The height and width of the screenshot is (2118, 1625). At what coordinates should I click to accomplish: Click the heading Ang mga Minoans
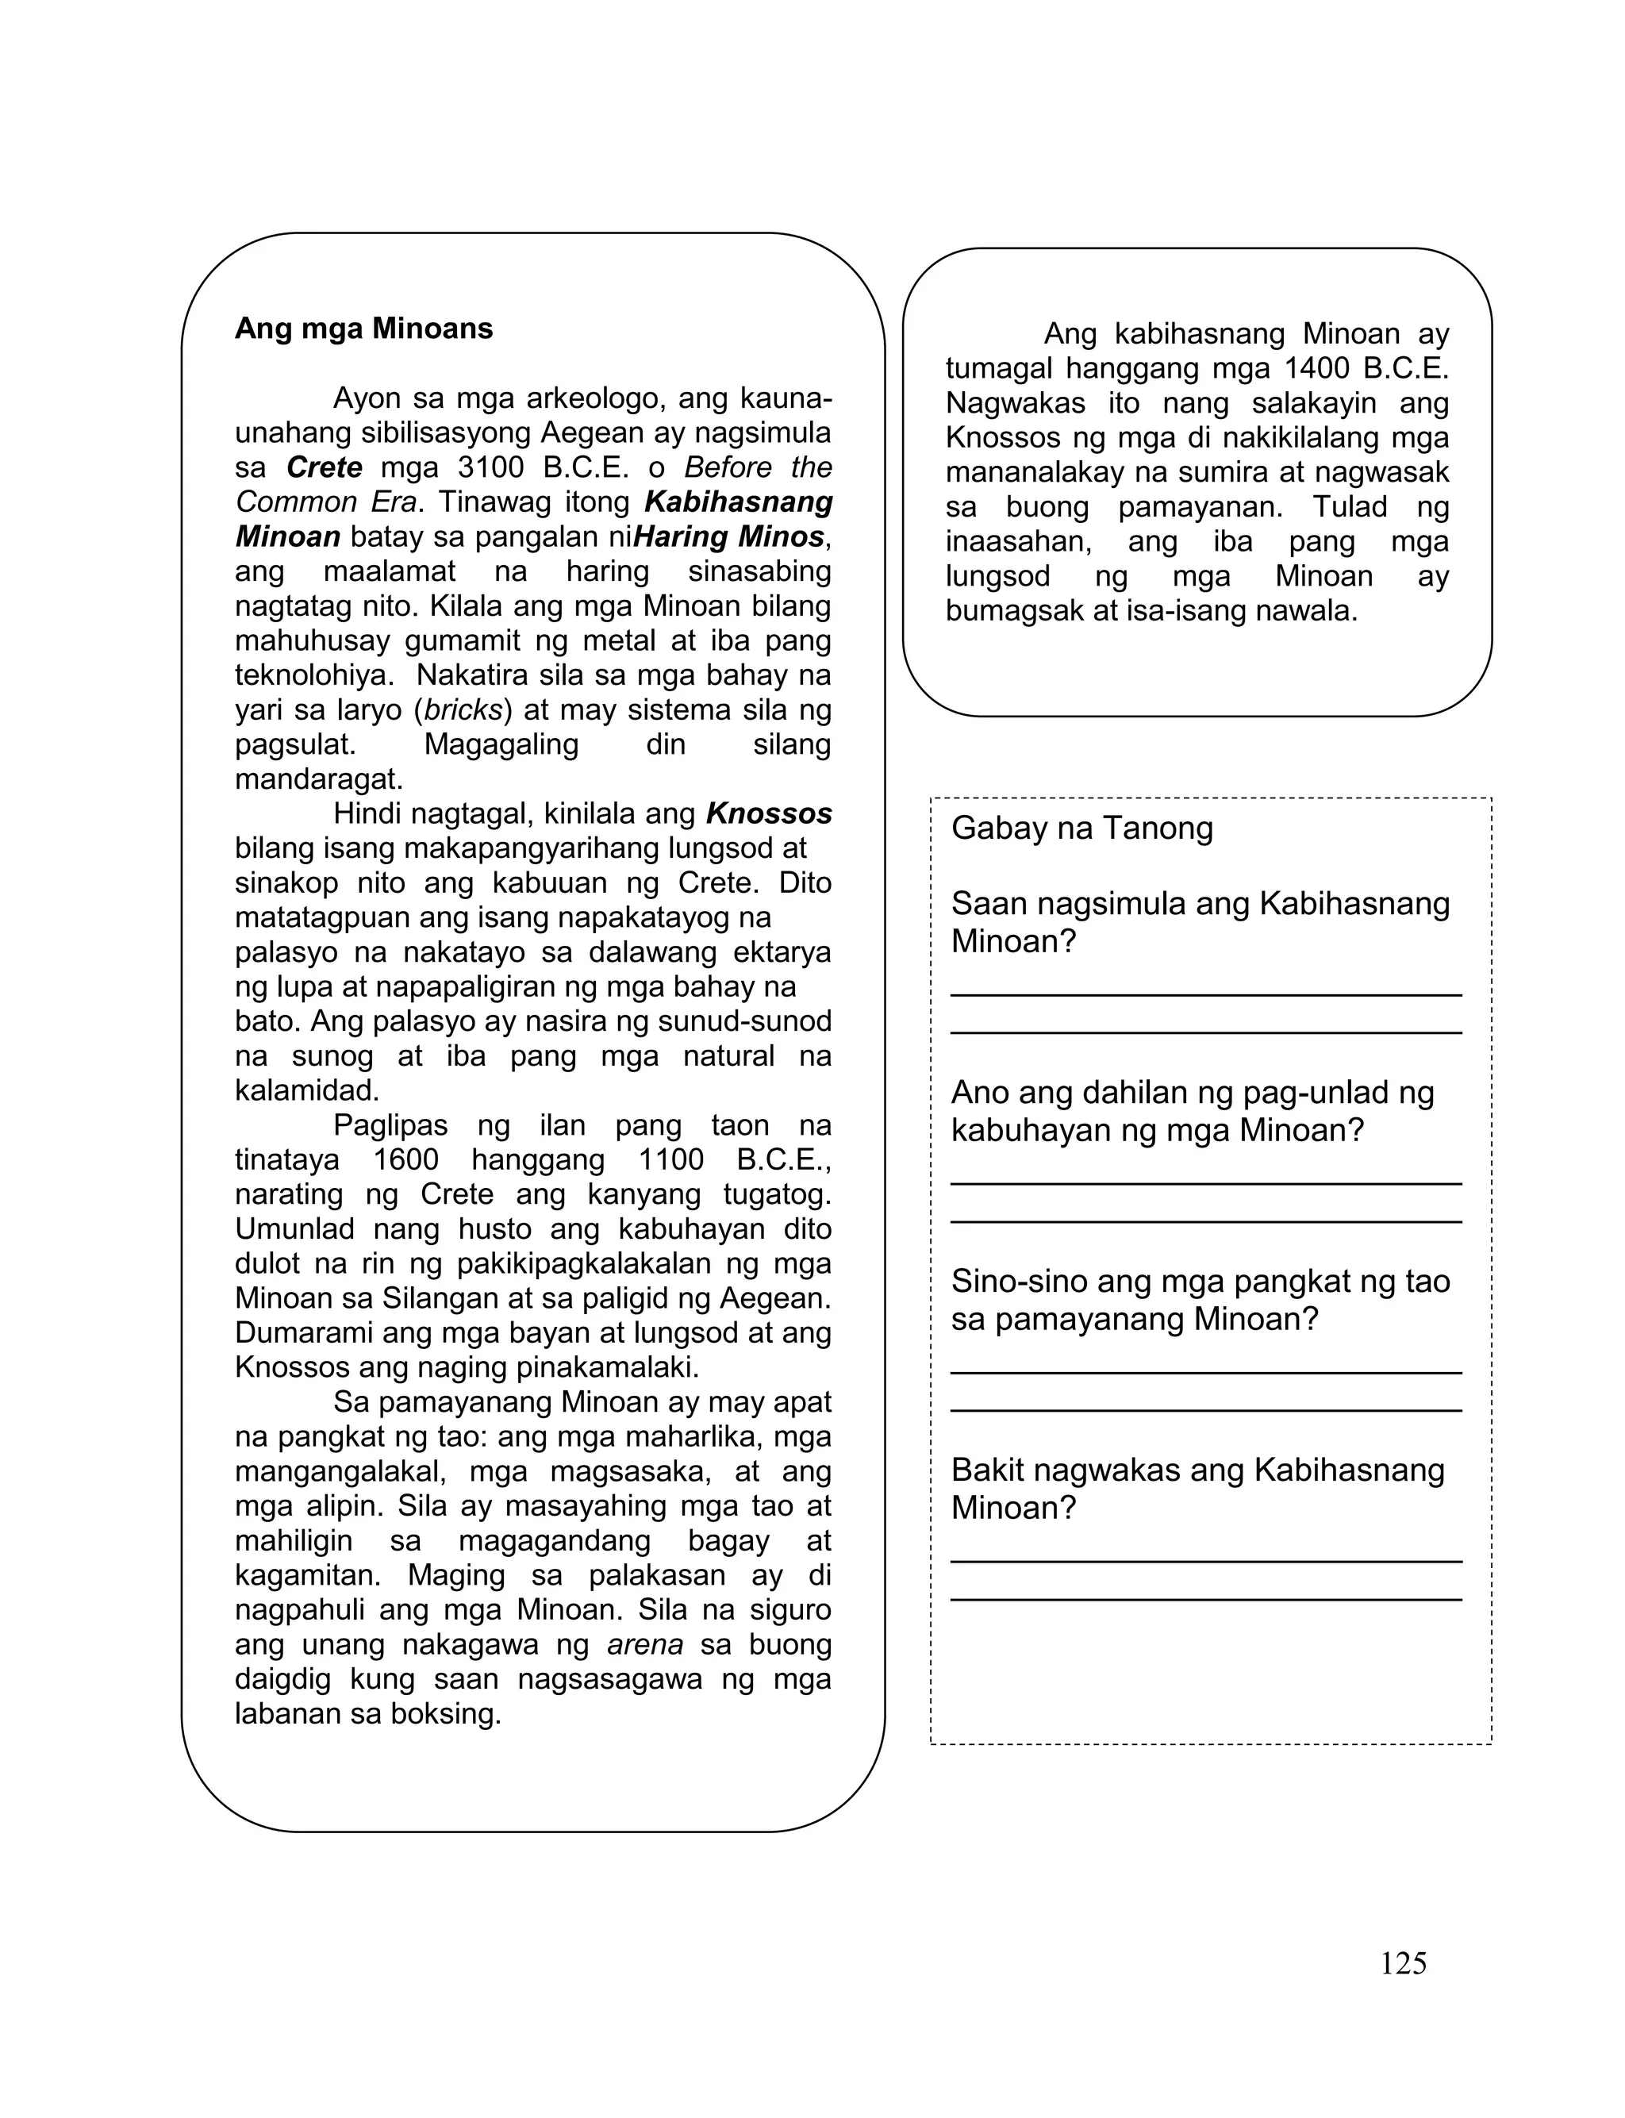363,329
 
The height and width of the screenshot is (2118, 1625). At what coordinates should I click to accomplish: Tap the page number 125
1403,1963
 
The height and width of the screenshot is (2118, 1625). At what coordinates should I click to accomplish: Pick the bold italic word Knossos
769,814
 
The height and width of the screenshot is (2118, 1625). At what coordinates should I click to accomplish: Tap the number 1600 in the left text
406,1159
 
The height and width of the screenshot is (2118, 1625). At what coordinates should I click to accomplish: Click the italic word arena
645,1644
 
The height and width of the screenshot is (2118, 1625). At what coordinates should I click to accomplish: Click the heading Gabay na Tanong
1081,828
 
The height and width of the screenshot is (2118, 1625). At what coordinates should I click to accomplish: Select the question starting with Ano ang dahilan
1192,1111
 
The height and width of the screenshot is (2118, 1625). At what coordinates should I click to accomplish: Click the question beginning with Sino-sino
1200,1300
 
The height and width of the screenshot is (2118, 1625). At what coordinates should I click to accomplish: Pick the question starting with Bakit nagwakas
1197,1489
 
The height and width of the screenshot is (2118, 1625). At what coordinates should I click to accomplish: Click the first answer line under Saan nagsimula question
1205,994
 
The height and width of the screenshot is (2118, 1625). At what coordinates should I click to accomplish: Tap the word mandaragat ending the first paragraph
318,779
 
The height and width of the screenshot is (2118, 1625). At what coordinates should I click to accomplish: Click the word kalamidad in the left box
306,1091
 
